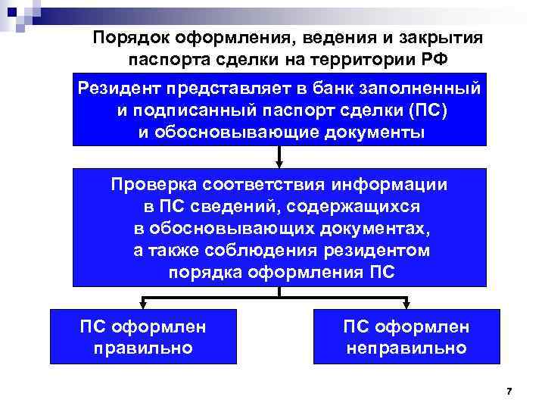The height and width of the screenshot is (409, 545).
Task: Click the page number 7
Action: pos(509,391)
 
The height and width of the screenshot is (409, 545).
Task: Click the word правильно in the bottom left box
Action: pos(143,349)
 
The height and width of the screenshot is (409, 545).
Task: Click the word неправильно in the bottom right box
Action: pos(406,349)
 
